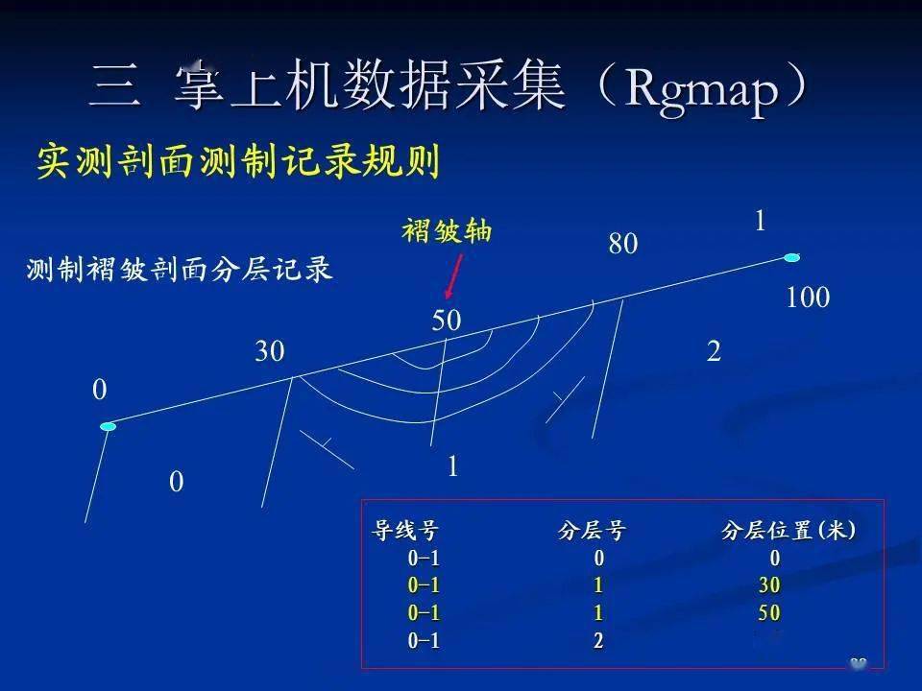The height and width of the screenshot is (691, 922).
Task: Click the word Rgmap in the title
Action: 701,89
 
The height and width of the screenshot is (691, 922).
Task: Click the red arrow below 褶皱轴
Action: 452,276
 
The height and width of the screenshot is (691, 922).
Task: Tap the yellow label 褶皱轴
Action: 447,230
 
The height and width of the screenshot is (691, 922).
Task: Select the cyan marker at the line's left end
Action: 109,426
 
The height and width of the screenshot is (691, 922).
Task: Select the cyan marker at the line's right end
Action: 792,257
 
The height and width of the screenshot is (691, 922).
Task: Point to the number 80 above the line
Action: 623,243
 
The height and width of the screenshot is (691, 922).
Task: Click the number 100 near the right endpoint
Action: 808,298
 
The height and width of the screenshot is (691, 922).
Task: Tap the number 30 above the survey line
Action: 270,351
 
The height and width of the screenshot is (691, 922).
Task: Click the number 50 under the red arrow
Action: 447,321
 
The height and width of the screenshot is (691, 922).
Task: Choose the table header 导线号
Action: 404,530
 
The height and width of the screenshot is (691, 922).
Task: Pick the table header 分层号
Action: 592,531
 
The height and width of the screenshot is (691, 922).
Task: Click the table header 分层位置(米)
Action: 789,531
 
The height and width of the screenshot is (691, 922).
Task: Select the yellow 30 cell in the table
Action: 769,585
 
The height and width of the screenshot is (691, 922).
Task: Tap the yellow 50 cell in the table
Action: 769,613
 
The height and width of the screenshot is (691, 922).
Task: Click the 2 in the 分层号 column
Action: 598,640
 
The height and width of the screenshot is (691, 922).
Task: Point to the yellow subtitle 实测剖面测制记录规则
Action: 239,161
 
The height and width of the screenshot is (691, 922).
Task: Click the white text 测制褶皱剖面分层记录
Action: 180,270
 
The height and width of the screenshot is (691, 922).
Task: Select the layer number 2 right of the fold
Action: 714,351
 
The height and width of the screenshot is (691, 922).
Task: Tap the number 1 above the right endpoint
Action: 761,222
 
